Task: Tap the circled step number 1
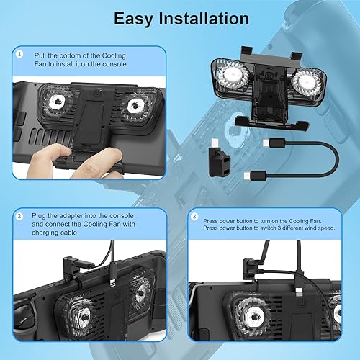point(20,54)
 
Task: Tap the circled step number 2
point(20,215)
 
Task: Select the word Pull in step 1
point(42,54)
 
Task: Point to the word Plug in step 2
point(42,215)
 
